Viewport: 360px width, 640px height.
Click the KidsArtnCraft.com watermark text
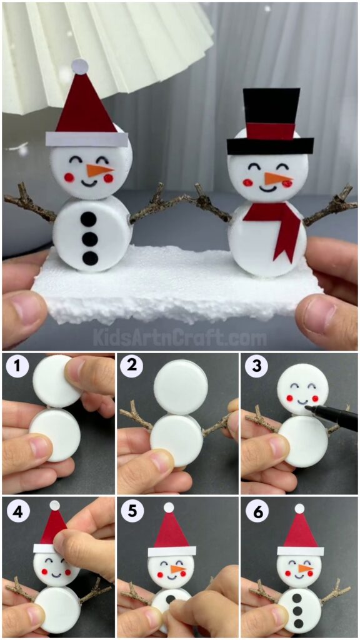click(180, 338)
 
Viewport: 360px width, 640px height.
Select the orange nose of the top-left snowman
click(98, 170)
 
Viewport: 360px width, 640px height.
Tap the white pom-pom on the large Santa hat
click(79, 66)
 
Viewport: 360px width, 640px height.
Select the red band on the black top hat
click(270, 131)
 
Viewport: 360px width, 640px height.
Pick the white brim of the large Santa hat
click(87, 139)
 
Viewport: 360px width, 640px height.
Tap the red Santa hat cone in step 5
click(171, 533)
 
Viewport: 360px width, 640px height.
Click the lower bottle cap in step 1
click(56, 434)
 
